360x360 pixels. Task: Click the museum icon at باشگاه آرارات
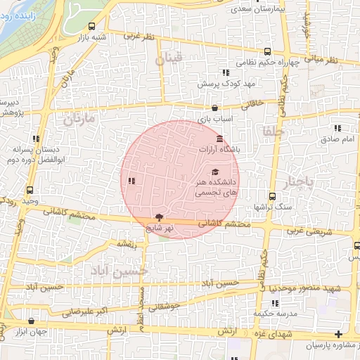click(220, 138)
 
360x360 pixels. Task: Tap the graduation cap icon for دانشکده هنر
click(214, 172)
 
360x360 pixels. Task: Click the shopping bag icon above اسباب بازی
click(214, 108)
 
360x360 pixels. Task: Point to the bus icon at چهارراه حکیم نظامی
click(267, 51)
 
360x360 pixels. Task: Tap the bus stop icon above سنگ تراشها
click(273, 196)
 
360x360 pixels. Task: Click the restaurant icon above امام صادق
click(338, 128)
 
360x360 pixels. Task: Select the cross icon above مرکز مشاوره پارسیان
click(340, 334)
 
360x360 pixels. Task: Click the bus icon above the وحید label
click(30, 190)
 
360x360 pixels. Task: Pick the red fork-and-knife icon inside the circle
click(131, 181)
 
